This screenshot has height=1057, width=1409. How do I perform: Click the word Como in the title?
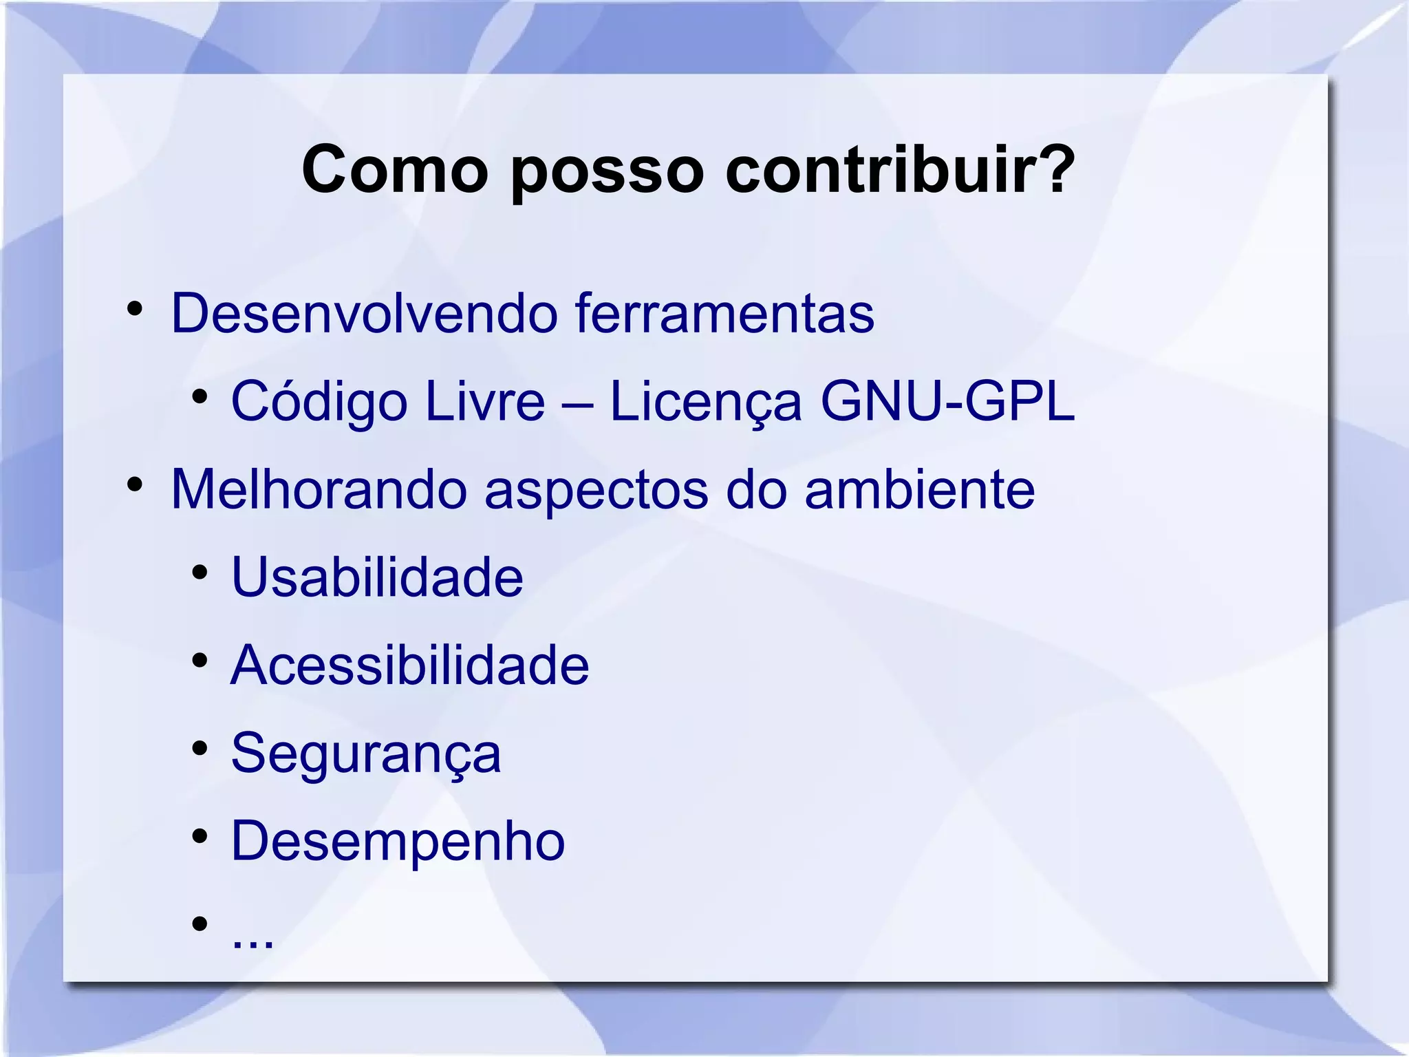tap(394, 170)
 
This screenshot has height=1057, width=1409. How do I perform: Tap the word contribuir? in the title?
tap(900, 170)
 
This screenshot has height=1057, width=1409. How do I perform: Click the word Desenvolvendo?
tap(364, 314)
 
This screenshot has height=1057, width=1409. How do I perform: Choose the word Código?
tap(319, 403)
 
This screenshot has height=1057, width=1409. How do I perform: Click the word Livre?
tap(484, 401)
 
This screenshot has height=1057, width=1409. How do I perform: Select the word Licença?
tap(706, 403)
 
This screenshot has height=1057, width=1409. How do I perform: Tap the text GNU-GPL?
tap(947, 401)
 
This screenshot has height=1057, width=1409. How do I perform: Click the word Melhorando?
tap(319, 489)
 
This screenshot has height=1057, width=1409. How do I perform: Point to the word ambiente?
tap(919, 489)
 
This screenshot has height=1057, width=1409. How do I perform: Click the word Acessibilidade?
tap(410, 665)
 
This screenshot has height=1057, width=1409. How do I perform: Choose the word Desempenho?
tap(398, 841)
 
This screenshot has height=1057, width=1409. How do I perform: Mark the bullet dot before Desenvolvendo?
tap(135, 309)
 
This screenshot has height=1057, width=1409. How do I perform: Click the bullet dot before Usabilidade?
tap(200, 573)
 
